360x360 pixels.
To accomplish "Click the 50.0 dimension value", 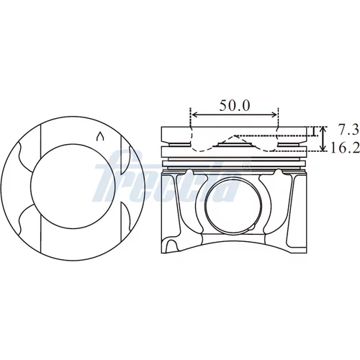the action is (x=235, y=106).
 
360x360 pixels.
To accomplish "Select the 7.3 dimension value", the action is (x=348, y=130).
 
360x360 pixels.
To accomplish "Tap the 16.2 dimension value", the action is (x=345, y=148).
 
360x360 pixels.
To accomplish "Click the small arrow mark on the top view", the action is (x=100, y=136).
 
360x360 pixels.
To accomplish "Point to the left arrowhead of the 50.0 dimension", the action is (x=195, y=115).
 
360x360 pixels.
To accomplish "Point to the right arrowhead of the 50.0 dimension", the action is (x=274, y=115).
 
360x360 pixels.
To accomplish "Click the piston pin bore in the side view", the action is (x=233, y=207).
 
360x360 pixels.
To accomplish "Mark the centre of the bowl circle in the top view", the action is (x=73, y=186).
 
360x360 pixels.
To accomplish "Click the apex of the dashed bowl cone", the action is (x=235, y=135).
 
